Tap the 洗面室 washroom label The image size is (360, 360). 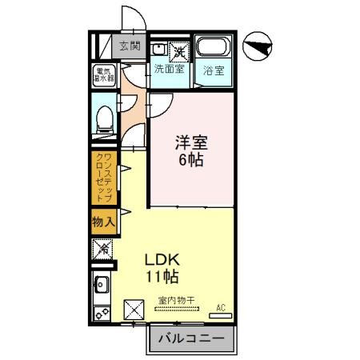click(169, 69)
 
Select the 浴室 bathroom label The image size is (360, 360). click(213, 69)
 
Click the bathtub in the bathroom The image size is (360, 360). click(213, 48)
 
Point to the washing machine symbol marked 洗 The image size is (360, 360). click(181, 50)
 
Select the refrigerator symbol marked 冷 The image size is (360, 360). click(102, 250)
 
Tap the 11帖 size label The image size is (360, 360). click(161, 278)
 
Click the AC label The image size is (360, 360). click(222, 306)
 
